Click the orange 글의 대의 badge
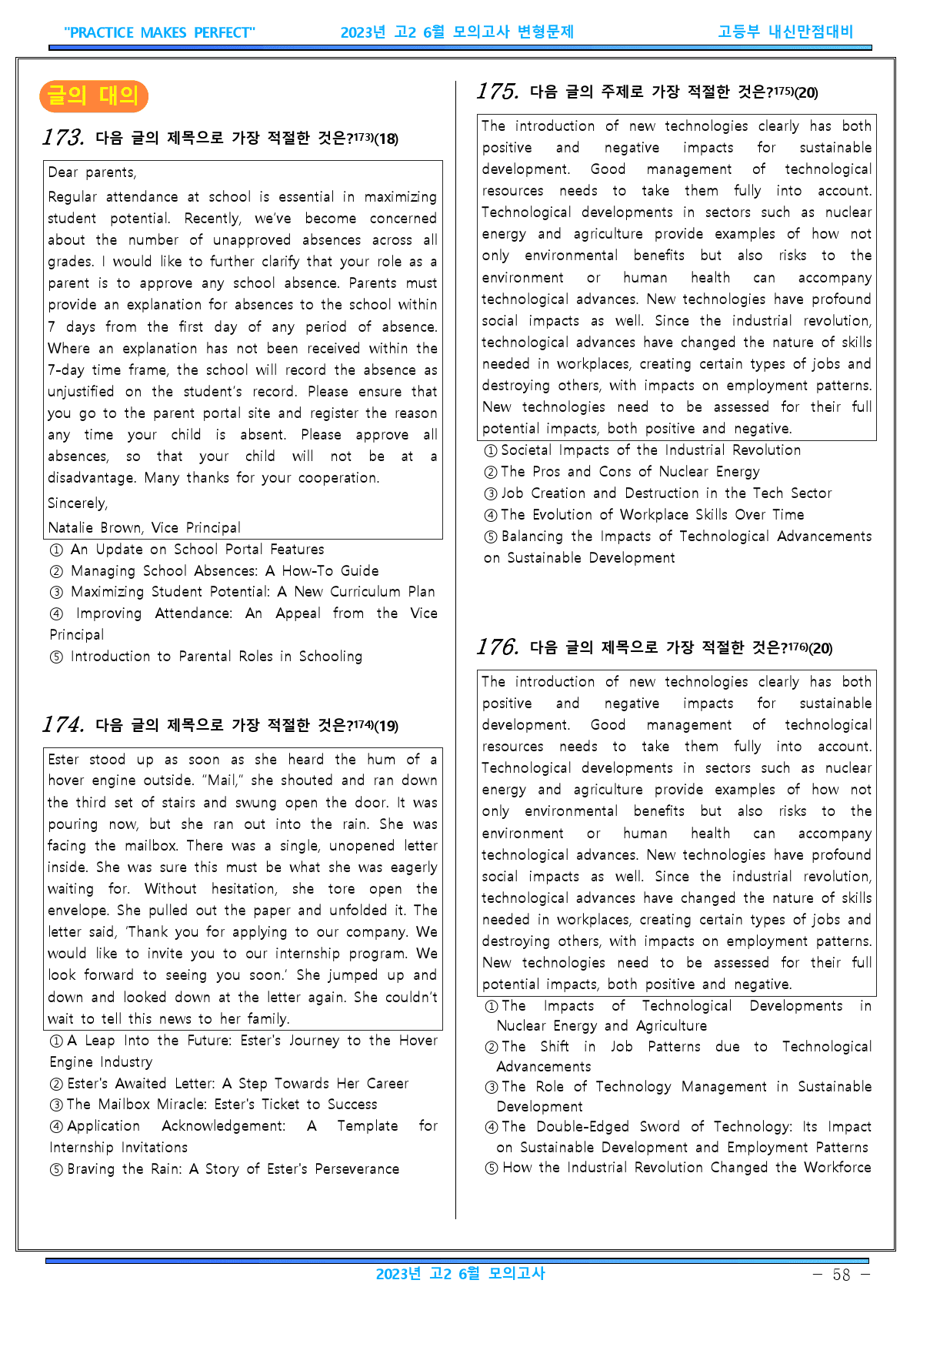click(x=93, y=96)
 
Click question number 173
click(x=63, y=138)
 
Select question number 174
click(x=63, y=725)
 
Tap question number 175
click(x=498, y=92)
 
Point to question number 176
click(x=498, y=647)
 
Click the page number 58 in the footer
click(x=842, y=1275)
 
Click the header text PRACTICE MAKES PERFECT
click(x=159, y=32)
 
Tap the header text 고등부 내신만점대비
click(x=785, y=32)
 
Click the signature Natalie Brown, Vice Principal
click(x=145, y=528)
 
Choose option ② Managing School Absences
click(x=215, y=571)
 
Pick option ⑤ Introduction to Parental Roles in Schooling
click(x=206, y=657)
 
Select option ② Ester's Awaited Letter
click(x=229, y=1084)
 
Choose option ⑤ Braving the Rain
click(x=225, y=1169)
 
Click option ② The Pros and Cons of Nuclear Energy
click(x=622, y=472)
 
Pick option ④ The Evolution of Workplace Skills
click(x=644, y=515)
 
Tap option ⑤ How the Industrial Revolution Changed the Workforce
click(x=678, y=1168)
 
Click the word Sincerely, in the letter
click(x=78, y=503)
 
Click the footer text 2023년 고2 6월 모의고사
click(x=460, y=1274)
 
